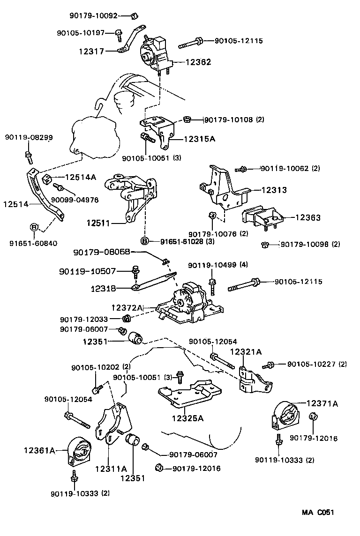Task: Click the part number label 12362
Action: point(198,62)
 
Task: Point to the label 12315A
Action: point(200,139)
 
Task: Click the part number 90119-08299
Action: point(29,137)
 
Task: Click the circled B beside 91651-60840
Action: point(34,227)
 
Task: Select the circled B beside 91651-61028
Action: point(145,241)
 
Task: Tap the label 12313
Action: point(274,190)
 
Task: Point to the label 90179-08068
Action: point(102,253)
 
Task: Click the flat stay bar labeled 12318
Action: point(155,282)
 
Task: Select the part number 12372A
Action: point(127,307)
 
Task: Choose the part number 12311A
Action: point(111,468)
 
